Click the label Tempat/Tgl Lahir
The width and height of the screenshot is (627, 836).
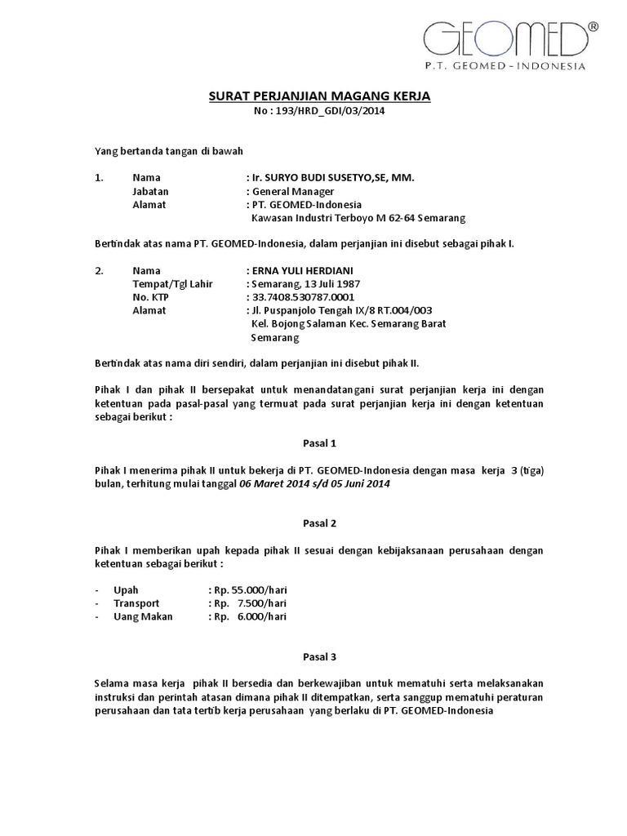172,284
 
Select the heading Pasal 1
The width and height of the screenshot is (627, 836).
313,443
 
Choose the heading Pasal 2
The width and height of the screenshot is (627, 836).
313,522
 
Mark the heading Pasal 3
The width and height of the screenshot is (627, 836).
313,656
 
